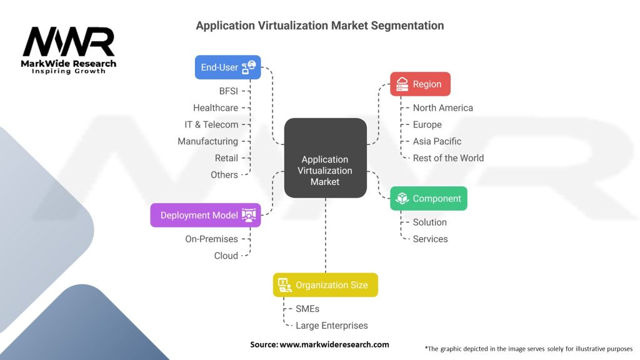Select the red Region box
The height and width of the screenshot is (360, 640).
pos(420,84)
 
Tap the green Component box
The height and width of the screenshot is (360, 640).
pos(428,199)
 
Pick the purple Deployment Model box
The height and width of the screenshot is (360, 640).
pos(206,215)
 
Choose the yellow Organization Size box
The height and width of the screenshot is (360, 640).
pos(325,285)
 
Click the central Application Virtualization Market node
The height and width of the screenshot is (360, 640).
pos(325,170)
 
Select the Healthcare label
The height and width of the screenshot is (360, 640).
pos(216,107)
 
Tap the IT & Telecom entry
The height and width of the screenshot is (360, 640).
pos(211,124)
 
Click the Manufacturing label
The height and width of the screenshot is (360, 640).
pos(207,141)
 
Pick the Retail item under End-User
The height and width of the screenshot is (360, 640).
pos(226,158)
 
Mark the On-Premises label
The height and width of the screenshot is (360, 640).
pos(211,239)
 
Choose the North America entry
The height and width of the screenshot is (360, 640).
pos(443,107)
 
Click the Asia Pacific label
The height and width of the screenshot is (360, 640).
pos(437,141)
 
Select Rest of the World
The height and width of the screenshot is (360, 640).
pos(448,158)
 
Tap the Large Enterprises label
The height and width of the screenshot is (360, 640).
pos(332,325)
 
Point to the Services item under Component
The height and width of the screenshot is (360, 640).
pos(431,239)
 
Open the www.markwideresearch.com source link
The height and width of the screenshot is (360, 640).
pos(334,344)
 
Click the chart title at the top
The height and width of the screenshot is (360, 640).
pos(320,26)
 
